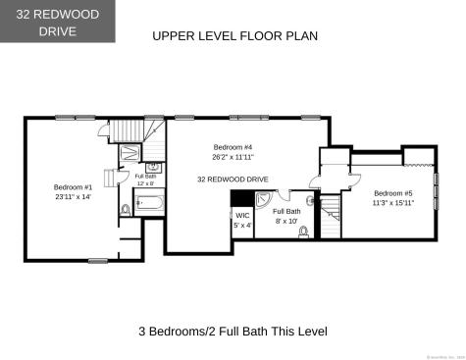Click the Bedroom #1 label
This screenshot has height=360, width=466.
(73, 186)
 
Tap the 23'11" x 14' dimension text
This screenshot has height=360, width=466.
(73, 197)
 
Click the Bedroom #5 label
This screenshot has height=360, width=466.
(393, 193)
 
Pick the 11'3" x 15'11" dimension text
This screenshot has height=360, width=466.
(393, 203)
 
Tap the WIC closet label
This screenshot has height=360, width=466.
(242, 215)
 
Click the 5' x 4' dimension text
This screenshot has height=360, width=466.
(242, 226)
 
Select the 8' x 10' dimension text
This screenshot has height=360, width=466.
(286, 223)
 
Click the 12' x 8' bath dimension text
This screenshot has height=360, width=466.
(147, 183)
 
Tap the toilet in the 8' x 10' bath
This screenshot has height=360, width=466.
(305, 231)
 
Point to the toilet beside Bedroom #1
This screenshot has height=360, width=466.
(125, 209)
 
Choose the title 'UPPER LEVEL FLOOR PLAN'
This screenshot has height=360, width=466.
(234, 36)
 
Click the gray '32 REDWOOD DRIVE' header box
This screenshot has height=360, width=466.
(57, 22)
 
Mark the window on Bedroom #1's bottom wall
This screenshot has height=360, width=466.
(97, 260)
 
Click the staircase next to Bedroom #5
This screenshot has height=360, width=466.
(332, 211)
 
